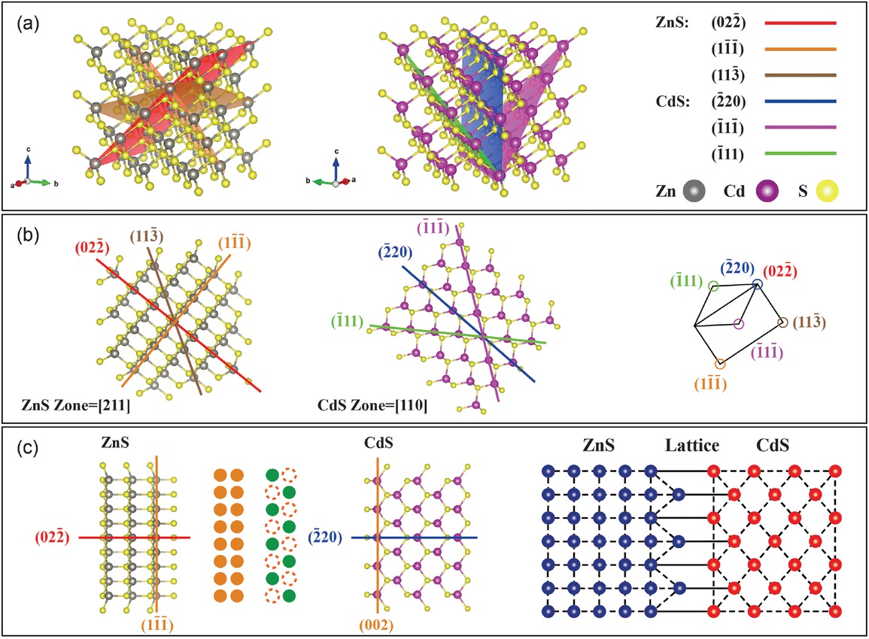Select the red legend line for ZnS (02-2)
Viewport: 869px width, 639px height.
[x=800, y=23]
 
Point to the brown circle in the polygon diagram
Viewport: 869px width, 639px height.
[x=782, y=323]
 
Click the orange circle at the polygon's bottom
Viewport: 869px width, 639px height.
[x=720, y=364]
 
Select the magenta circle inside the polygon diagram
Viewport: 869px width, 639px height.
[x=738, y=324]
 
